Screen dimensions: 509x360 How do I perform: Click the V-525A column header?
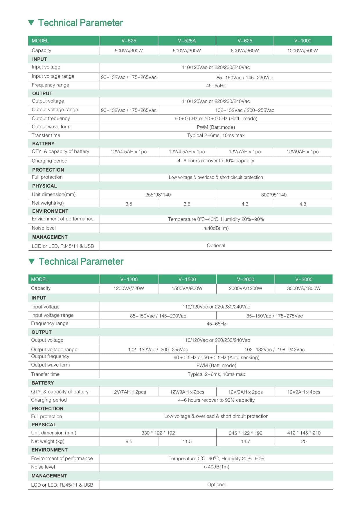click(187, 41)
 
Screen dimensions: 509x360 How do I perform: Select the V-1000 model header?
click(303, 41)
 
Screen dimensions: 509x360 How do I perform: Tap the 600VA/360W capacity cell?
click(245, 50)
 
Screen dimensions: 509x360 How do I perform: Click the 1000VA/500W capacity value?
click(303, 50)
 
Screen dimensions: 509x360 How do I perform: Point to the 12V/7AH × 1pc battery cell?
click(245, 152)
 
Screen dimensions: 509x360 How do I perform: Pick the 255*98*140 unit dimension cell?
click(158, 195)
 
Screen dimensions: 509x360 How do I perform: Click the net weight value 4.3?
click(245, 204)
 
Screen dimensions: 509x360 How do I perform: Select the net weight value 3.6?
click(187, 204)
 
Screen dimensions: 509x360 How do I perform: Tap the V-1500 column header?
click(187, 279)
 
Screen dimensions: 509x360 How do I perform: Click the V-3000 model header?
click(304, 279)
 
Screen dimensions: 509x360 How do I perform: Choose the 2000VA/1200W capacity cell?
click(245, 288)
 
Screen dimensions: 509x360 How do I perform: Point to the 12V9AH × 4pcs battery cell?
click(304, 392)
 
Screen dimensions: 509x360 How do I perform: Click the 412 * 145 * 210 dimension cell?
click(304, 433)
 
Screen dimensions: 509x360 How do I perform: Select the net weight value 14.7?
click(245, 441)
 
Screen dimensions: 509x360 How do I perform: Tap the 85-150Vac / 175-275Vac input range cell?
click(274, 316)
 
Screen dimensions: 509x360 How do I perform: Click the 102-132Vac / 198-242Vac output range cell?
click(274, 350)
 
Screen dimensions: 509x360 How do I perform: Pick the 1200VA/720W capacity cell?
click(129, 288)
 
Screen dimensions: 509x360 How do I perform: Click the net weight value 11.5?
click(187, 441)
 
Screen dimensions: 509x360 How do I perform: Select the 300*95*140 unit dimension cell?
click(273, 195)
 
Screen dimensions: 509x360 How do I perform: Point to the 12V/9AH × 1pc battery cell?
click(303, 152)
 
